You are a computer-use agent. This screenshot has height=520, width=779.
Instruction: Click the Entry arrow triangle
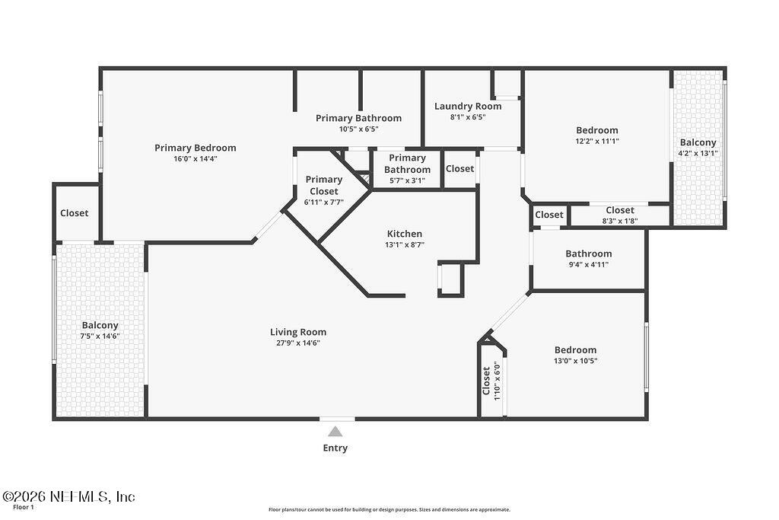point(335,432)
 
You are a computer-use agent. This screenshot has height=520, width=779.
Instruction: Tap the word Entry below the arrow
point(335,448)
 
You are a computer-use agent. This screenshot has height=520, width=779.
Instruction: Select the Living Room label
point(298,332)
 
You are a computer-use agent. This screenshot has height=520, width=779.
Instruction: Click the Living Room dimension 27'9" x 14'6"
point(298,343)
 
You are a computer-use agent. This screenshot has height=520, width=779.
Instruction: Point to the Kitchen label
point(405,234)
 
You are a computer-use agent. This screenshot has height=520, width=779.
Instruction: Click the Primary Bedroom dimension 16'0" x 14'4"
point(196,159)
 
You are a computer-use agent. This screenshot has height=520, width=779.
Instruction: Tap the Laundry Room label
point(468,107)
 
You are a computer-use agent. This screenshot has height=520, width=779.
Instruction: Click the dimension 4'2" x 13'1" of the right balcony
point(698,153)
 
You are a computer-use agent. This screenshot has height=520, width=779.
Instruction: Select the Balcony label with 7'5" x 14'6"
point(100,325)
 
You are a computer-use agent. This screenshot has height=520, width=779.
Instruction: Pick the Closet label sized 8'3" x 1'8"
point(620,210)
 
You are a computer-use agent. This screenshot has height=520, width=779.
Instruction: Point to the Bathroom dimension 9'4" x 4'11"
point(588,265)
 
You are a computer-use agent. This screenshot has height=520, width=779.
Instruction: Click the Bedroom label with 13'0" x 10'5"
point(575,350)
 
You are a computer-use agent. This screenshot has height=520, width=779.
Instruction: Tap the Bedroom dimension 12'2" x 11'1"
point(596,141)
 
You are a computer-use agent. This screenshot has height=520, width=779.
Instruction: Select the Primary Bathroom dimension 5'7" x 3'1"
point(407,180)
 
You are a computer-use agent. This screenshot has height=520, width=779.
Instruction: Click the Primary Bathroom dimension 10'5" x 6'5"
point(358,129)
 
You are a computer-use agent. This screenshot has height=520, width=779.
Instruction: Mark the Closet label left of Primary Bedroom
point(75,213)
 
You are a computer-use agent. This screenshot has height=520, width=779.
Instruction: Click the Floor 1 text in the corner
point(24,507)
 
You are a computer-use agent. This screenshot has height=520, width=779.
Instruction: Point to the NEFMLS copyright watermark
point(68,496)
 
